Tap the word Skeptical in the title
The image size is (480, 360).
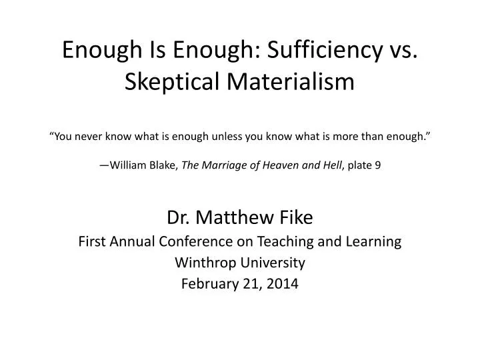pyautogui.click(x=173, y=82)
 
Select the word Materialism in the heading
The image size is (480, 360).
pyautogui.click(x=291, y=82)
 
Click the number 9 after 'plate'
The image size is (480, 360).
pyautogui.click(x=378, y=167)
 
